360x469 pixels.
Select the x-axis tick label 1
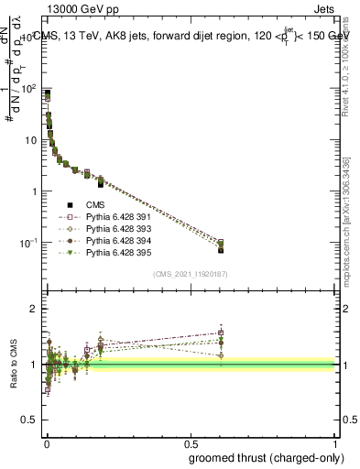(x=336, y=442)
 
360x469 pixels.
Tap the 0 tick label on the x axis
(x=47, y=442)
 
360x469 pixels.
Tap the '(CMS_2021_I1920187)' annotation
(x=191, y=274)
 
